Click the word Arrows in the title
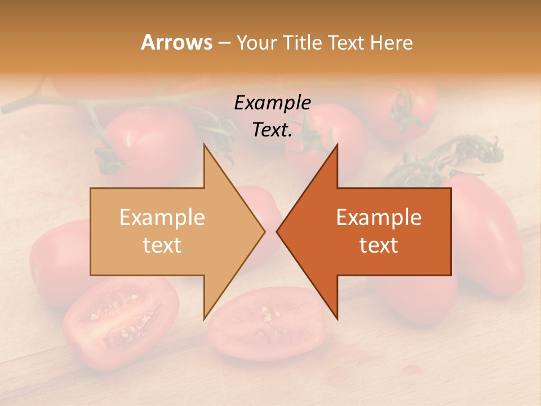pos(176,42)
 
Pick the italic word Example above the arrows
pos(272,103)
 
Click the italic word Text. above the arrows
pos(272,130)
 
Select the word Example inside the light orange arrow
pos(162,217)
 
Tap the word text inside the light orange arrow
pos(162,245)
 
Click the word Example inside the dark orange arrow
pos(379,217)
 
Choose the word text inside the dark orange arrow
pos(379,245)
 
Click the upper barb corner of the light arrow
pos(204,145)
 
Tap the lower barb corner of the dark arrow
pos(337,318)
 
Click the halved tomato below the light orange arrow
pos(121,321)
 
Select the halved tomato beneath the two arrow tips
pos(265,330)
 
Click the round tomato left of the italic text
pos(149,141)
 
